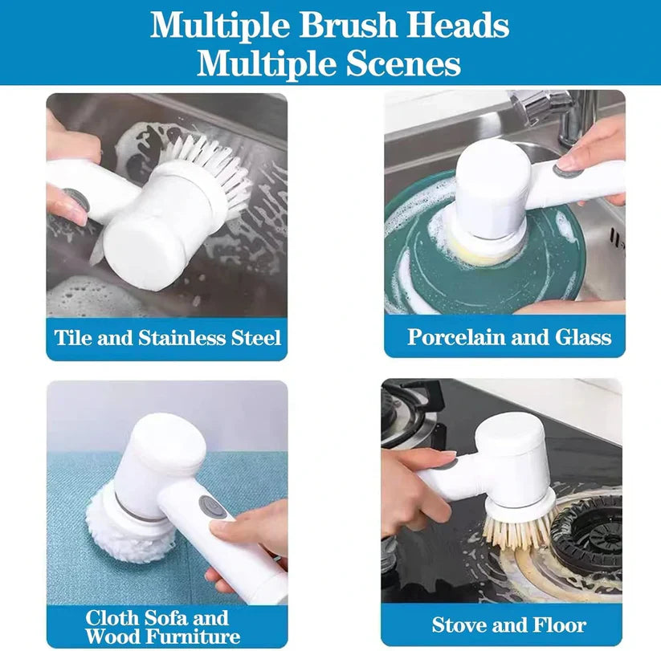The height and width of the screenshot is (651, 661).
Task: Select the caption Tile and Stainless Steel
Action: click(x=168, y=336)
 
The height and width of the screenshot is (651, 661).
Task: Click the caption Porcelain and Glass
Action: click(x=509, y=336)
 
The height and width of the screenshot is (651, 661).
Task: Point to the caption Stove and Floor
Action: click(x=509, y=624)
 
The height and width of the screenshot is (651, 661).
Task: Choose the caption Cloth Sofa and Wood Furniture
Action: click(x=163, y=627)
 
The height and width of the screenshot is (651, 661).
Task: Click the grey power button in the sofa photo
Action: click(x=210, y=507)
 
